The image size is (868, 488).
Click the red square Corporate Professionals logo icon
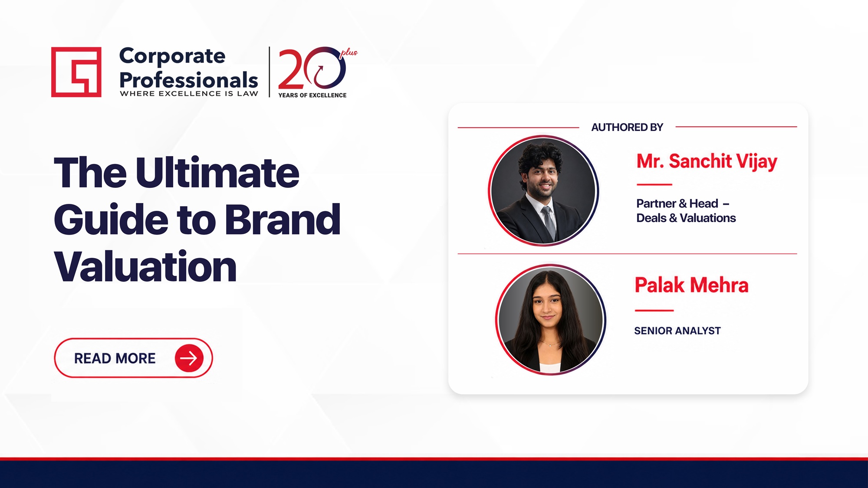(76, 72)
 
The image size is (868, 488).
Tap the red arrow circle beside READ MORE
(189, 358)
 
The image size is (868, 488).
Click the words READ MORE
(115, 358)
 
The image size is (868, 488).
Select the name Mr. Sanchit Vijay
(707, 161)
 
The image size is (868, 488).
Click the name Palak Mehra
(691, 285)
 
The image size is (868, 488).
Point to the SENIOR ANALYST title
(677, 331)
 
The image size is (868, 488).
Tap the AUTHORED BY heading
(627, 127)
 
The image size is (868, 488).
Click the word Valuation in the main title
(145, 266)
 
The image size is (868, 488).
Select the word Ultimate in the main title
(217, 172)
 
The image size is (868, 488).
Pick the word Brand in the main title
(283, 219)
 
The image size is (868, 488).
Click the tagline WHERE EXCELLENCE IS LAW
(189, 94)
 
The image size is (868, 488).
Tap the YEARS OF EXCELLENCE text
(312, 95)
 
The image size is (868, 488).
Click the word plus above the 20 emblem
(349, 53)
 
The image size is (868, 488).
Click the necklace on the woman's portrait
(549, 344)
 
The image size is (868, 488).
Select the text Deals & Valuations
(686, 218)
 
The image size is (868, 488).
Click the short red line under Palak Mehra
(654, 311)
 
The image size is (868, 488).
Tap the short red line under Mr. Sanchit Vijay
(654, 185)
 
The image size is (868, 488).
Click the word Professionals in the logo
(188, 79)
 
